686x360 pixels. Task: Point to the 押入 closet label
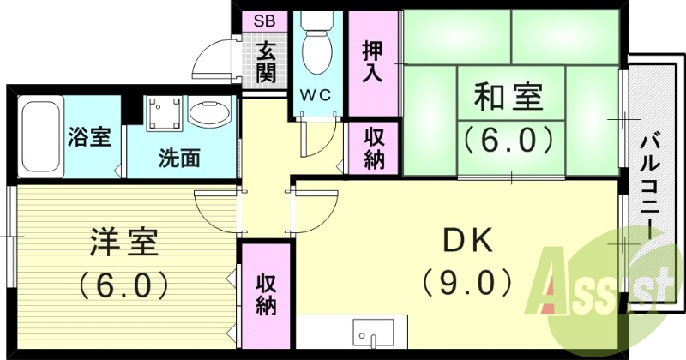pyautogui.click(x=373, y=61)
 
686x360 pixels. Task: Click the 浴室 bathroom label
pyautogui.click(x=89, y=136)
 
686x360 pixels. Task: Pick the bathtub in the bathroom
pyautogui.click(x=39, y=137)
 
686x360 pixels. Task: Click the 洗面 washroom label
pyautogui.click(x=178, y=158)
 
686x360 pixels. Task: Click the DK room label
pyautogui.click(x=468, y=243)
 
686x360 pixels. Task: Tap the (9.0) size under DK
pyautogui.click(x=468, y=281)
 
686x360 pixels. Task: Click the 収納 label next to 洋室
pyautogui.click(x=266, y=294)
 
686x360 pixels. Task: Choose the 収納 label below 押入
pyautogui.click(x=374, y=148)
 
